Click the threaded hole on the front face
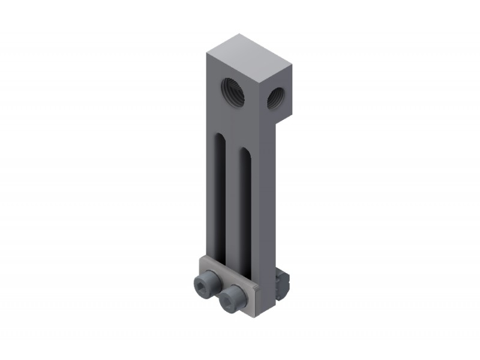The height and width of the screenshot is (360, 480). point(233,92)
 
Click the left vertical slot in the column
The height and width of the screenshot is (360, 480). point(221,198)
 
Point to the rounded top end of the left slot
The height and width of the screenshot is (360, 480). point(221,139)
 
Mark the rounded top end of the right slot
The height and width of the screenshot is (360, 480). point(245,151)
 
